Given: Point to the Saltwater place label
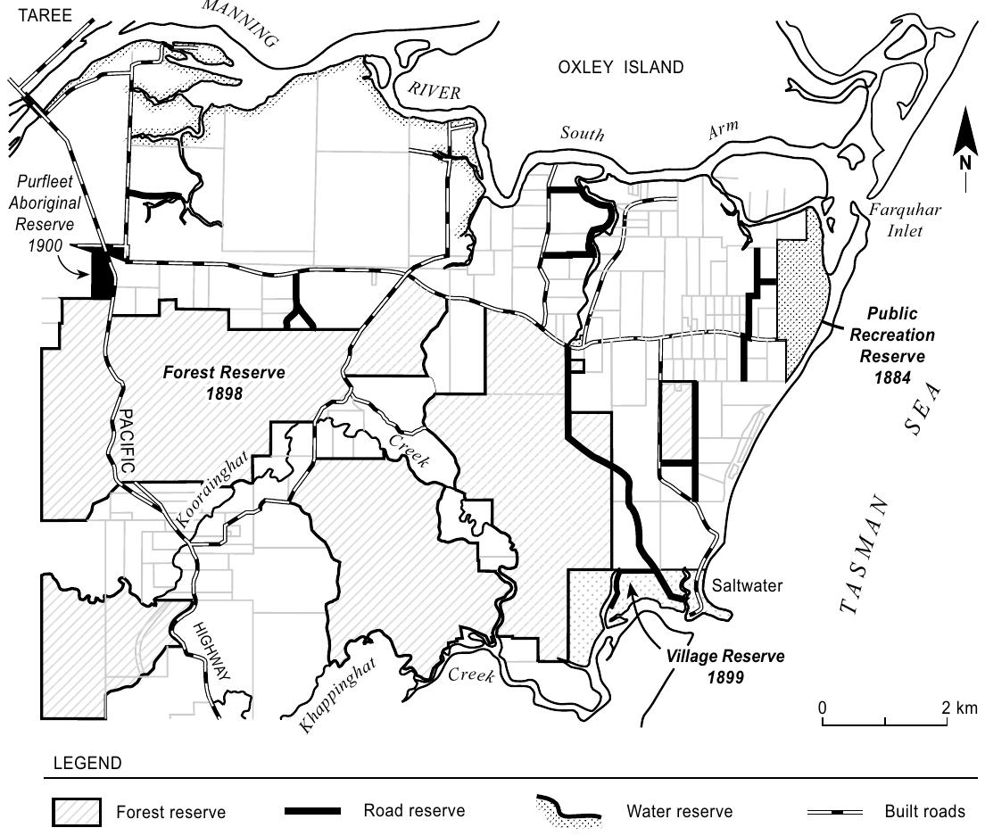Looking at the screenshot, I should point(747,586).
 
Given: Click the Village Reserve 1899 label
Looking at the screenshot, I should point(725,665).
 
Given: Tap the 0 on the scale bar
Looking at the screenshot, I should point(823,708).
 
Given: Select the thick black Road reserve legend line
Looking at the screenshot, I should point(312,811).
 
